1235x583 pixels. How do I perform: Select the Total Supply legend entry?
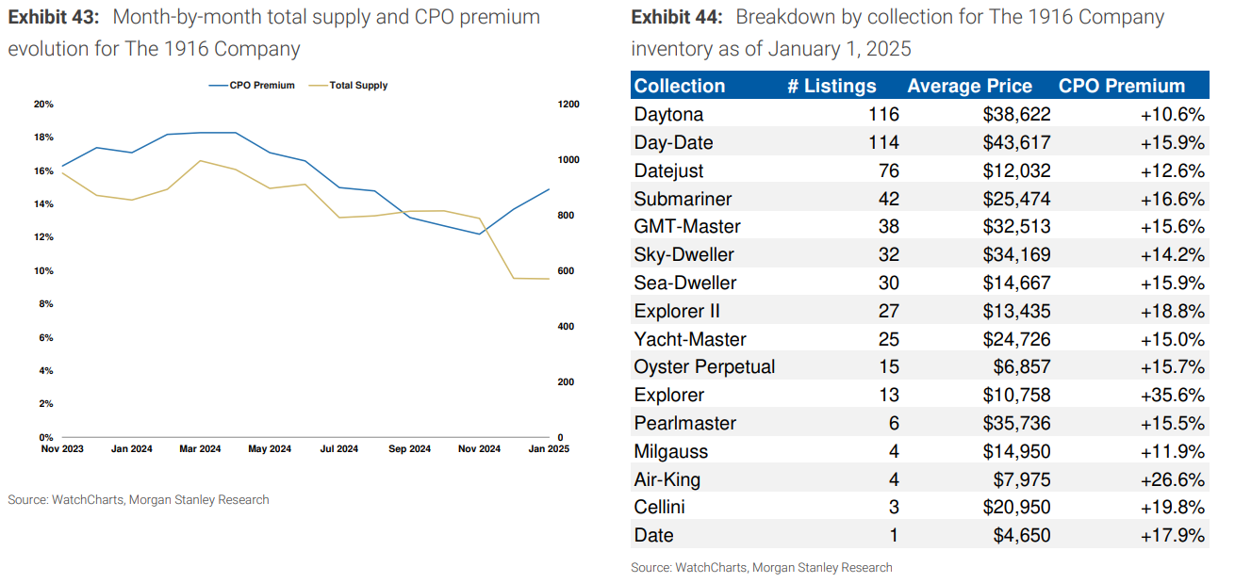pos(358,86)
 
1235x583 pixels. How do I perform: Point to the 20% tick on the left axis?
pos(43,104)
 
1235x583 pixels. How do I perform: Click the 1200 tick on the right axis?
pos(570,104)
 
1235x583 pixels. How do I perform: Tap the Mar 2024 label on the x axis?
pos(200,449)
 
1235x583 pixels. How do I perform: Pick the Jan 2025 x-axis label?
pos(548,449)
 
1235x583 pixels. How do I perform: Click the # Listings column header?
pos(832,86)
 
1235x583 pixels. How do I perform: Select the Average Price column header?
pos(969,86)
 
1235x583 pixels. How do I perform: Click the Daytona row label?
pos(668,115)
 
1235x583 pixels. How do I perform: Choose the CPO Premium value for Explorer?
pos(1172,396)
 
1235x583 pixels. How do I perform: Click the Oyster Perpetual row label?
pos(704,367)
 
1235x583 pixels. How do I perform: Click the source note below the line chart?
pos(139,500)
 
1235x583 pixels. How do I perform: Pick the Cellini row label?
pos(660,508)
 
